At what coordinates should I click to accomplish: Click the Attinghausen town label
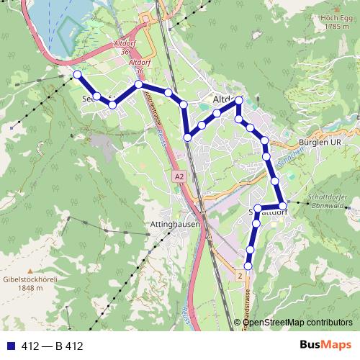coord(174,225)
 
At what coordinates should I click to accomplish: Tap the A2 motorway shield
coord(179,176)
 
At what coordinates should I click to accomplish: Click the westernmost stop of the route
coord(77,74)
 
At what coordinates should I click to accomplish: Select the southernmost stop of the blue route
coord(248,266)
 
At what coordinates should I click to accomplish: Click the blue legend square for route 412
coord(8,346)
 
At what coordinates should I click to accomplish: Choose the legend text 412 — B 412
coord(49,346)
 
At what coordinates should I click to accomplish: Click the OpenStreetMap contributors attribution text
coord(295,323)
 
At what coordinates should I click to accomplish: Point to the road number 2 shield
coord(240,275)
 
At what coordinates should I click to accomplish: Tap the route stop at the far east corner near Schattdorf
coord(283,206)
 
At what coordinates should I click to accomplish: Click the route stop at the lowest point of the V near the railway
coord(187,137)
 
